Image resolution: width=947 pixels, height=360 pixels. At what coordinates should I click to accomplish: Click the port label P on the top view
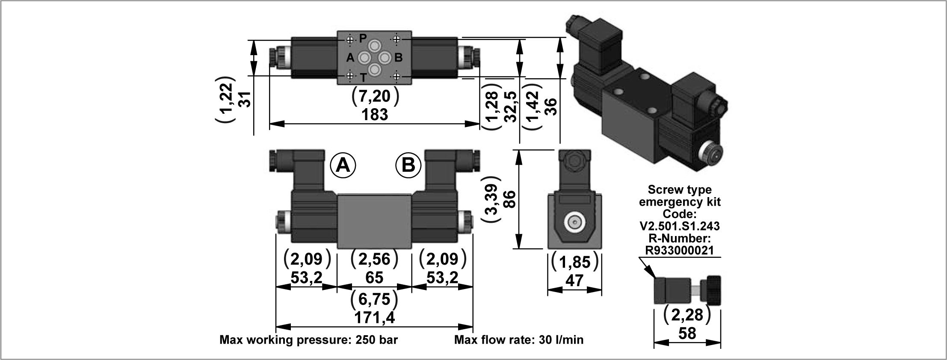[x=363, y=38]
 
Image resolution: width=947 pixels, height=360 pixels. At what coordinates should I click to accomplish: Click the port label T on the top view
[x=363, y=77]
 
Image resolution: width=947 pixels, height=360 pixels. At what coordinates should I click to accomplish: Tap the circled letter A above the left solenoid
[x=343, y=165]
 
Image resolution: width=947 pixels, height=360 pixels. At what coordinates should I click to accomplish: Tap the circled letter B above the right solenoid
[x=408, y=165]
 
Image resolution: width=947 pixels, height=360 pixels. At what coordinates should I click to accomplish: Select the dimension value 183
[x=375, y=115]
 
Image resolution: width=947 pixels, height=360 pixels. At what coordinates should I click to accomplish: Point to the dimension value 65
[x=374, y=277]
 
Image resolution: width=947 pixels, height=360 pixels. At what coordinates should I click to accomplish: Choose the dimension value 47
[x=574, y=280]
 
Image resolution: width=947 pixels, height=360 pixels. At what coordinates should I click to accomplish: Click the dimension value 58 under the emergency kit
[x=687, y=333]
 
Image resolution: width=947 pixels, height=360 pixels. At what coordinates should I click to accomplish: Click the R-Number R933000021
[x=680, y=250]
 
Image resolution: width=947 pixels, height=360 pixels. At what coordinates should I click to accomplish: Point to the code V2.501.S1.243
[x=680, y=225]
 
